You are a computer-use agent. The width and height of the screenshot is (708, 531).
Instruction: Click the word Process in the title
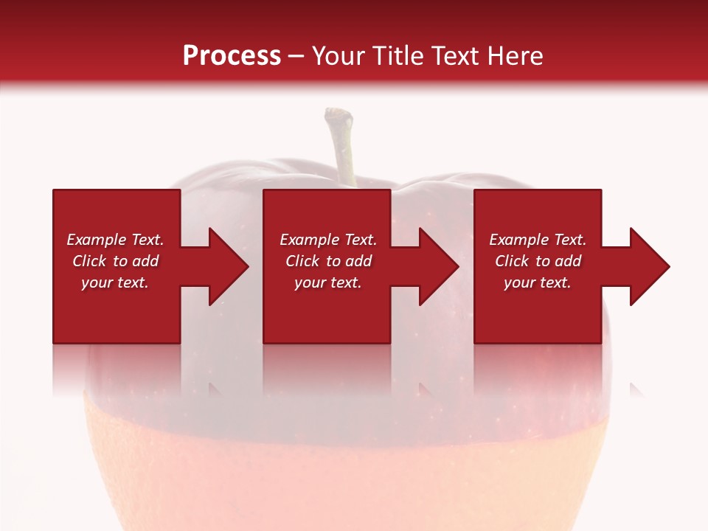[x=232, y=56]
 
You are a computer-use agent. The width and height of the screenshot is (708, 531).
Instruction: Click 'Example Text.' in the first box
[x=115, y=240]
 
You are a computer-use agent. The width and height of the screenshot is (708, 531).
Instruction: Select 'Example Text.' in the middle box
[x=328, y=240]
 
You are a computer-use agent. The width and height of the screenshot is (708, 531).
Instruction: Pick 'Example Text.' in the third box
[x=538, y=240]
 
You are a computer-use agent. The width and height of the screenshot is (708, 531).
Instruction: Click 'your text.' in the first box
[x=115, y=282]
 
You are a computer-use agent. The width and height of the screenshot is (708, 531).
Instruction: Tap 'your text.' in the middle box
[x=328, y=282]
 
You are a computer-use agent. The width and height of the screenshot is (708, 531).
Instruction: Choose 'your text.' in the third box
[x=538, y=282]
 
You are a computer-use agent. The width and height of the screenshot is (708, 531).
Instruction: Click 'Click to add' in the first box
[x=115, y=261]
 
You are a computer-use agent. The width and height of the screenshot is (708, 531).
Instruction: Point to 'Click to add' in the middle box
[x=328, y=261]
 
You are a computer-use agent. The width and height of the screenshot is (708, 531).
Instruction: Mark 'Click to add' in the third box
[x=538, y=261]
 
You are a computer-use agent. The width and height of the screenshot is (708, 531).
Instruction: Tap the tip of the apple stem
[x=338, y=114]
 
